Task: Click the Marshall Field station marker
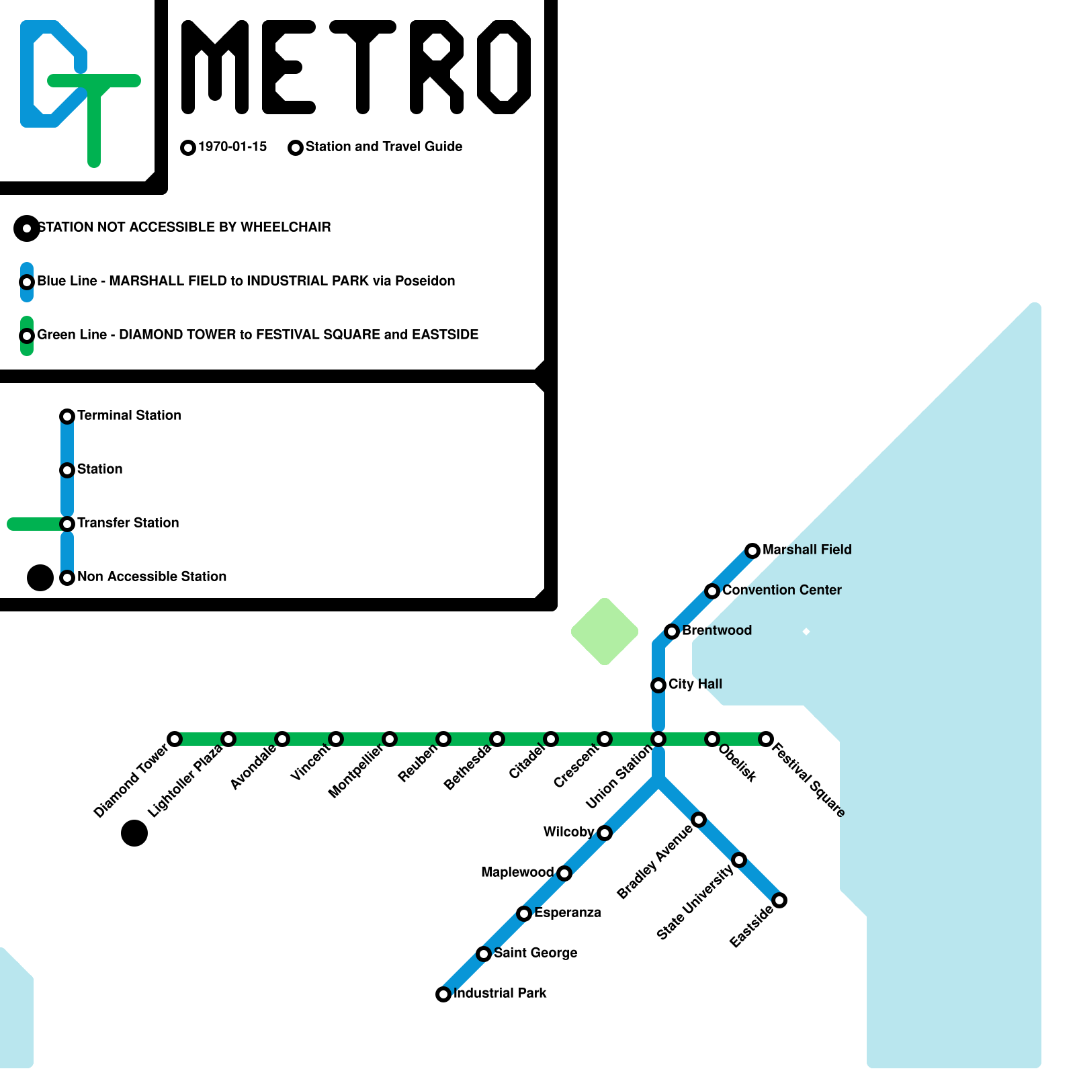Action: (752, 551)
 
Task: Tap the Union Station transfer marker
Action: (658, 739)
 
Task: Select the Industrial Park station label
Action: (500, 993)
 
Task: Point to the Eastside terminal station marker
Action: (779, 900)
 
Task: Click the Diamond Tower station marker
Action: (175, 739)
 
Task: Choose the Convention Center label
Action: (781, 590)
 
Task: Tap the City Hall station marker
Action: (658, 685)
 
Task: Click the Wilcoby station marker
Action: (605, 833)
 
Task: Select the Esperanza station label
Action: (568, 912)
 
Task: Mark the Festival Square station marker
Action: (766, 739)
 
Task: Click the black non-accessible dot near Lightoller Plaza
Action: (134, 833)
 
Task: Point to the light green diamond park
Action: (605, 632)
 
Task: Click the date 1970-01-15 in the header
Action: (232, 146)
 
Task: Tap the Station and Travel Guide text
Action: (384, 146)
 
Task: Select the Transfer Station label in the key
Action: (128, 523)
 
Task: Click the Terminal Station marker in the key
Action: (67, 417)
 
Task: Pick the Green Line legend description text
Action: (257, 335)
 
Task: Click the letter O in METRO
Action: (504, 67)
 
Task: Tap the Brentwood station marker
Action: (672, 632)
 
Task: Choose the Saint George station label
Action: (535, 953)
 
